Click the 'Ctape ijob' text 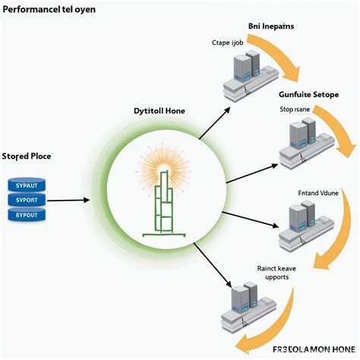click(229, 43)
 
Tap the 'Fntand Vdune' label click(297, 193)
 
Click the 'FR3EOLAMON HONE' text click(314, 349)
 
